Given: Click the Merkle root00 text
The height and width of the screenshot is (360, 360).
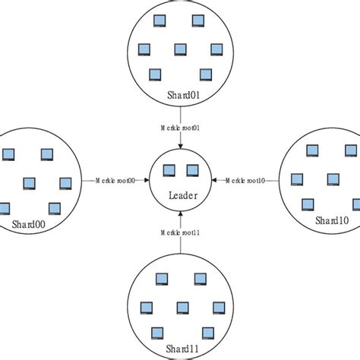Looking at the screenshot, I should pos(115,180).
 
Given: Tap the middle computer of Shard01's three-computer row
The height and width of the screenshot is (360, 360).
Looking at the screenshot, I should pos(180,49).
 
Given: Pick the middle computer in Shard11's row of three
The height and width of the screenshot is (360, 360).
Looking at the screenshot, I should pos(182,307).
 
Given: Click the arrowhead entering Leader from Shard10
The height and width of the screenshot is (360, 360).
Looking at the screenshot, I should pos(216,180).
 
